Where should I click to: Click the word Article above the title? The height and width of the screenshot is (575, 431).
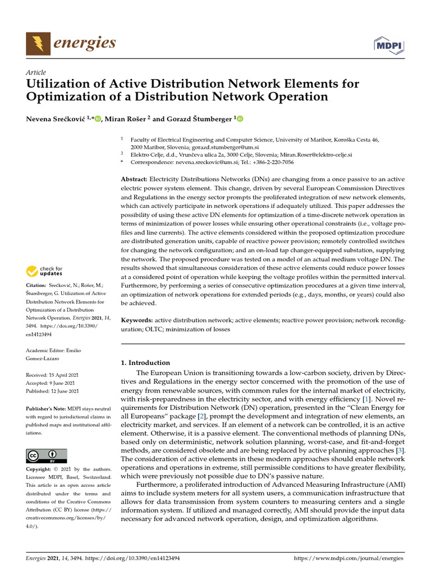(x=36, y=72)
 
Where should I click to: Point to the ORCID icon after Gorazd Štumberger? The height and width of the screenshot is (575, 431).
(x=241, y=119)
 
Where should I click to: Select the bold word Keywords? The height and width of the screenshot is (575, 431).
(x=137, y=320)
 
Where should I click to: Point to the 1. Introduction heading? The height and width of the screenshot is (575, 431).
(x=145, y=363)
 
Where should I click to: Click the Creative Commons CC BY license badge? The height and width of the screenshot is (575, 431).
(x=47, y=455)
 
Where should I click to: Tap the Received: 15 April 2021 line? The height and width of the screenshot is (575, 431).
(x=52, y=375)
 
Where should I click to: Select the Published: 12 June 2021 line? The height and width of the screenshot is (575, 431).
(x=52, y=391)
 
